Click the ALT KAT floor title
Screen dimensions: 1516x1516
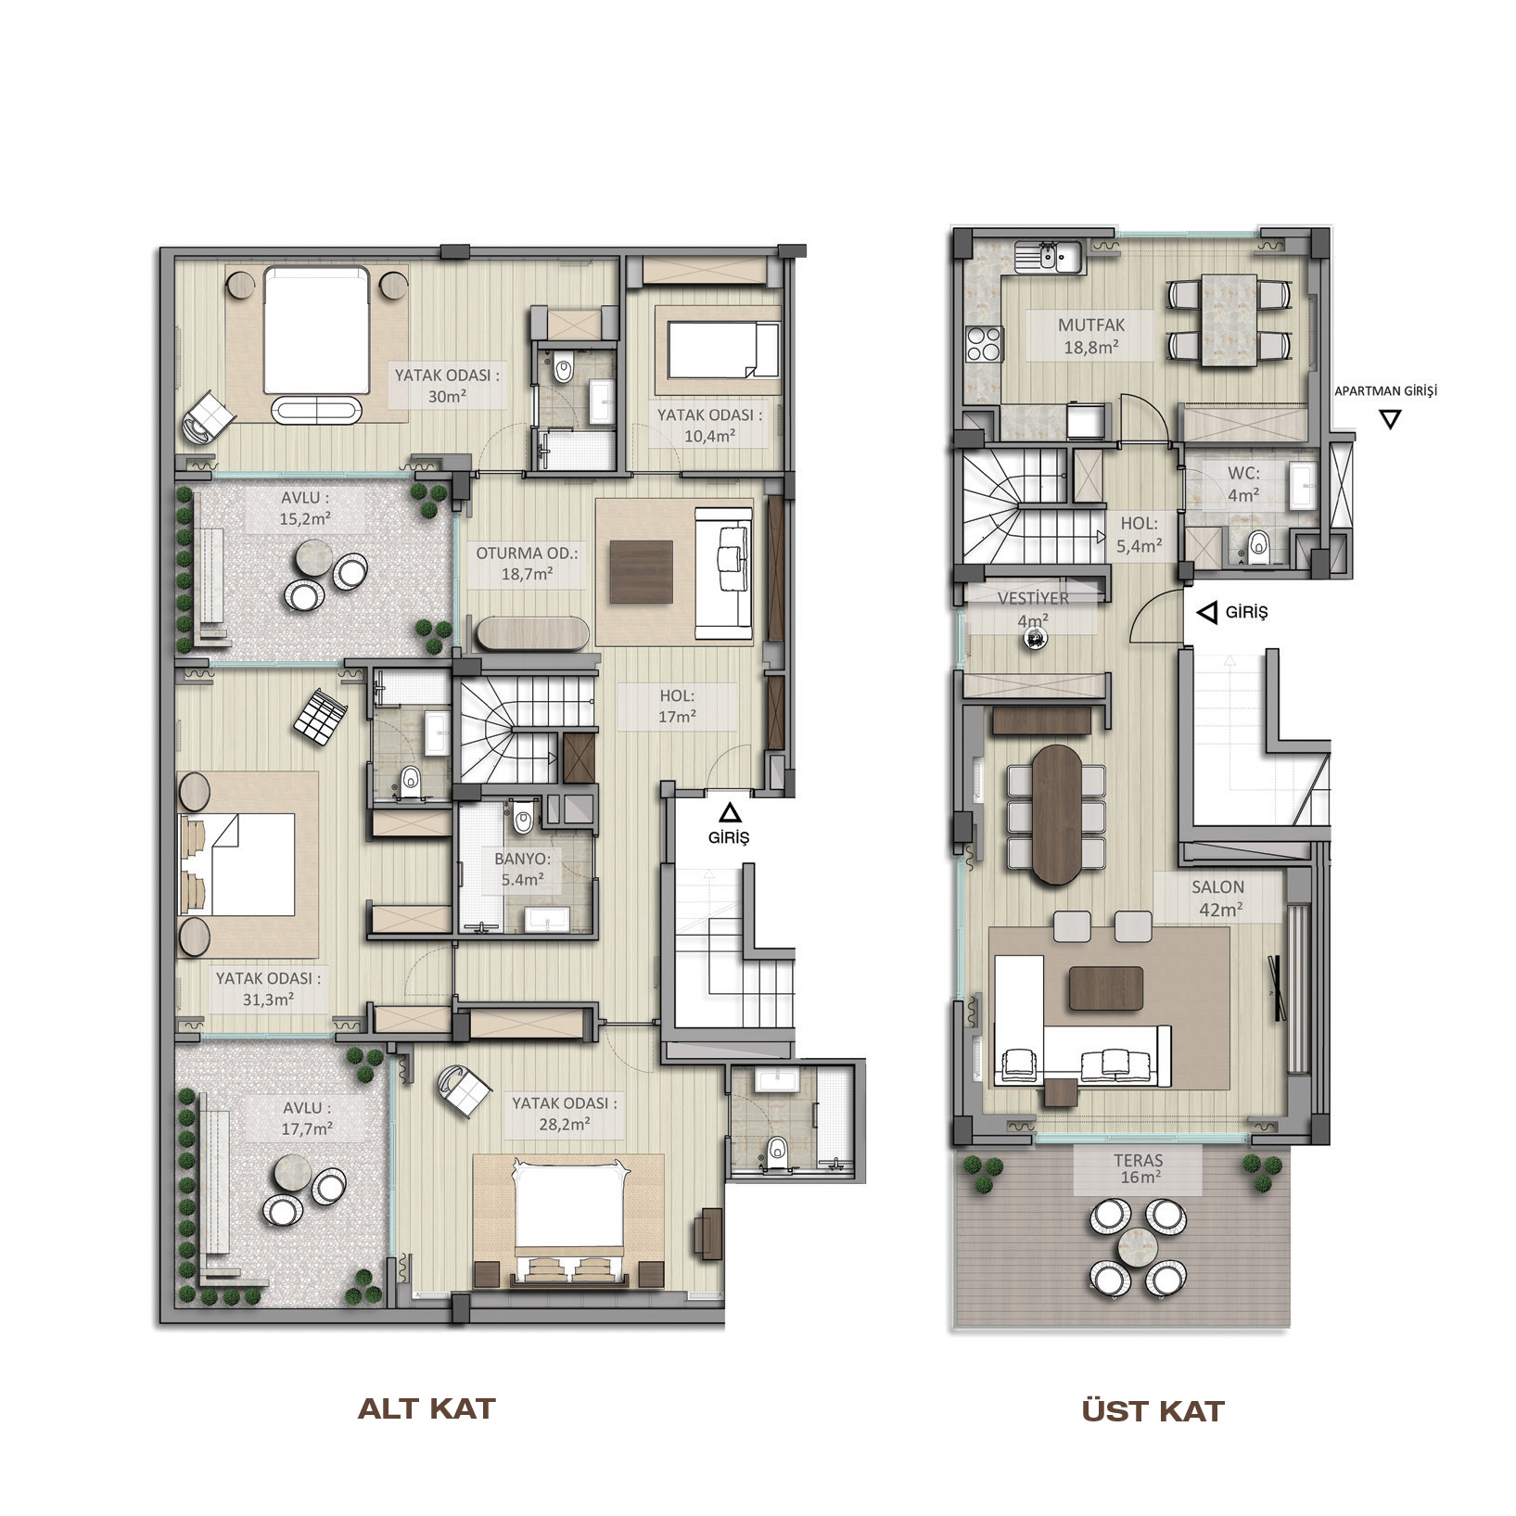(x=427, y=1409)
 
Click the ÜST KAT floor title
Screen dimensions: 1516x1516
(x=1153, y=1410)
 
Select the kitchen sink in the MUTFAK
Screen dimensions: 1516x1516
(x=1049, y=257)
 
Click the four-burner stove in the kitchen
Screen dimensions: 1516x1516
(x=984, y=344)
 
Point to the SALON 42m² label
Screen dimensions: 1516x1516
(x=1218, y=898)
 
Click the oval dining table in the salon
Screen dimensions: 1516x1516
(x=1057, y=813)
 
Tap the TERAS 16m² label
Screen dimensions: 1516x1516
(x=1139, y=1168)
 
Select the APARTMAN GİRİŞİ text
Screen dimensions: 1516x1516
(x=1385, y=391)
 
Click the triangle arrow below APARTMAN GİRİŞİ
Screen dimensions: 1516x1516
(x=1389, y=419)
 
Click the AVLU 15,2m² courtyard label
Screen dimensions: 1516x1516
(x=305, y=509)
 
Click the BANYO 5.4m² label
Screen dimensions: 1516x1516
(x=522, y=869)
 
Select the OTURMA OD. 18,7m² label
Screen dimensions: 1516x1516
(x=526, y=564)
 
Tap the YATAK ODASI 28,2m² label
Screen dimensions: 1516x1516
(x=564, y=1114)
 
